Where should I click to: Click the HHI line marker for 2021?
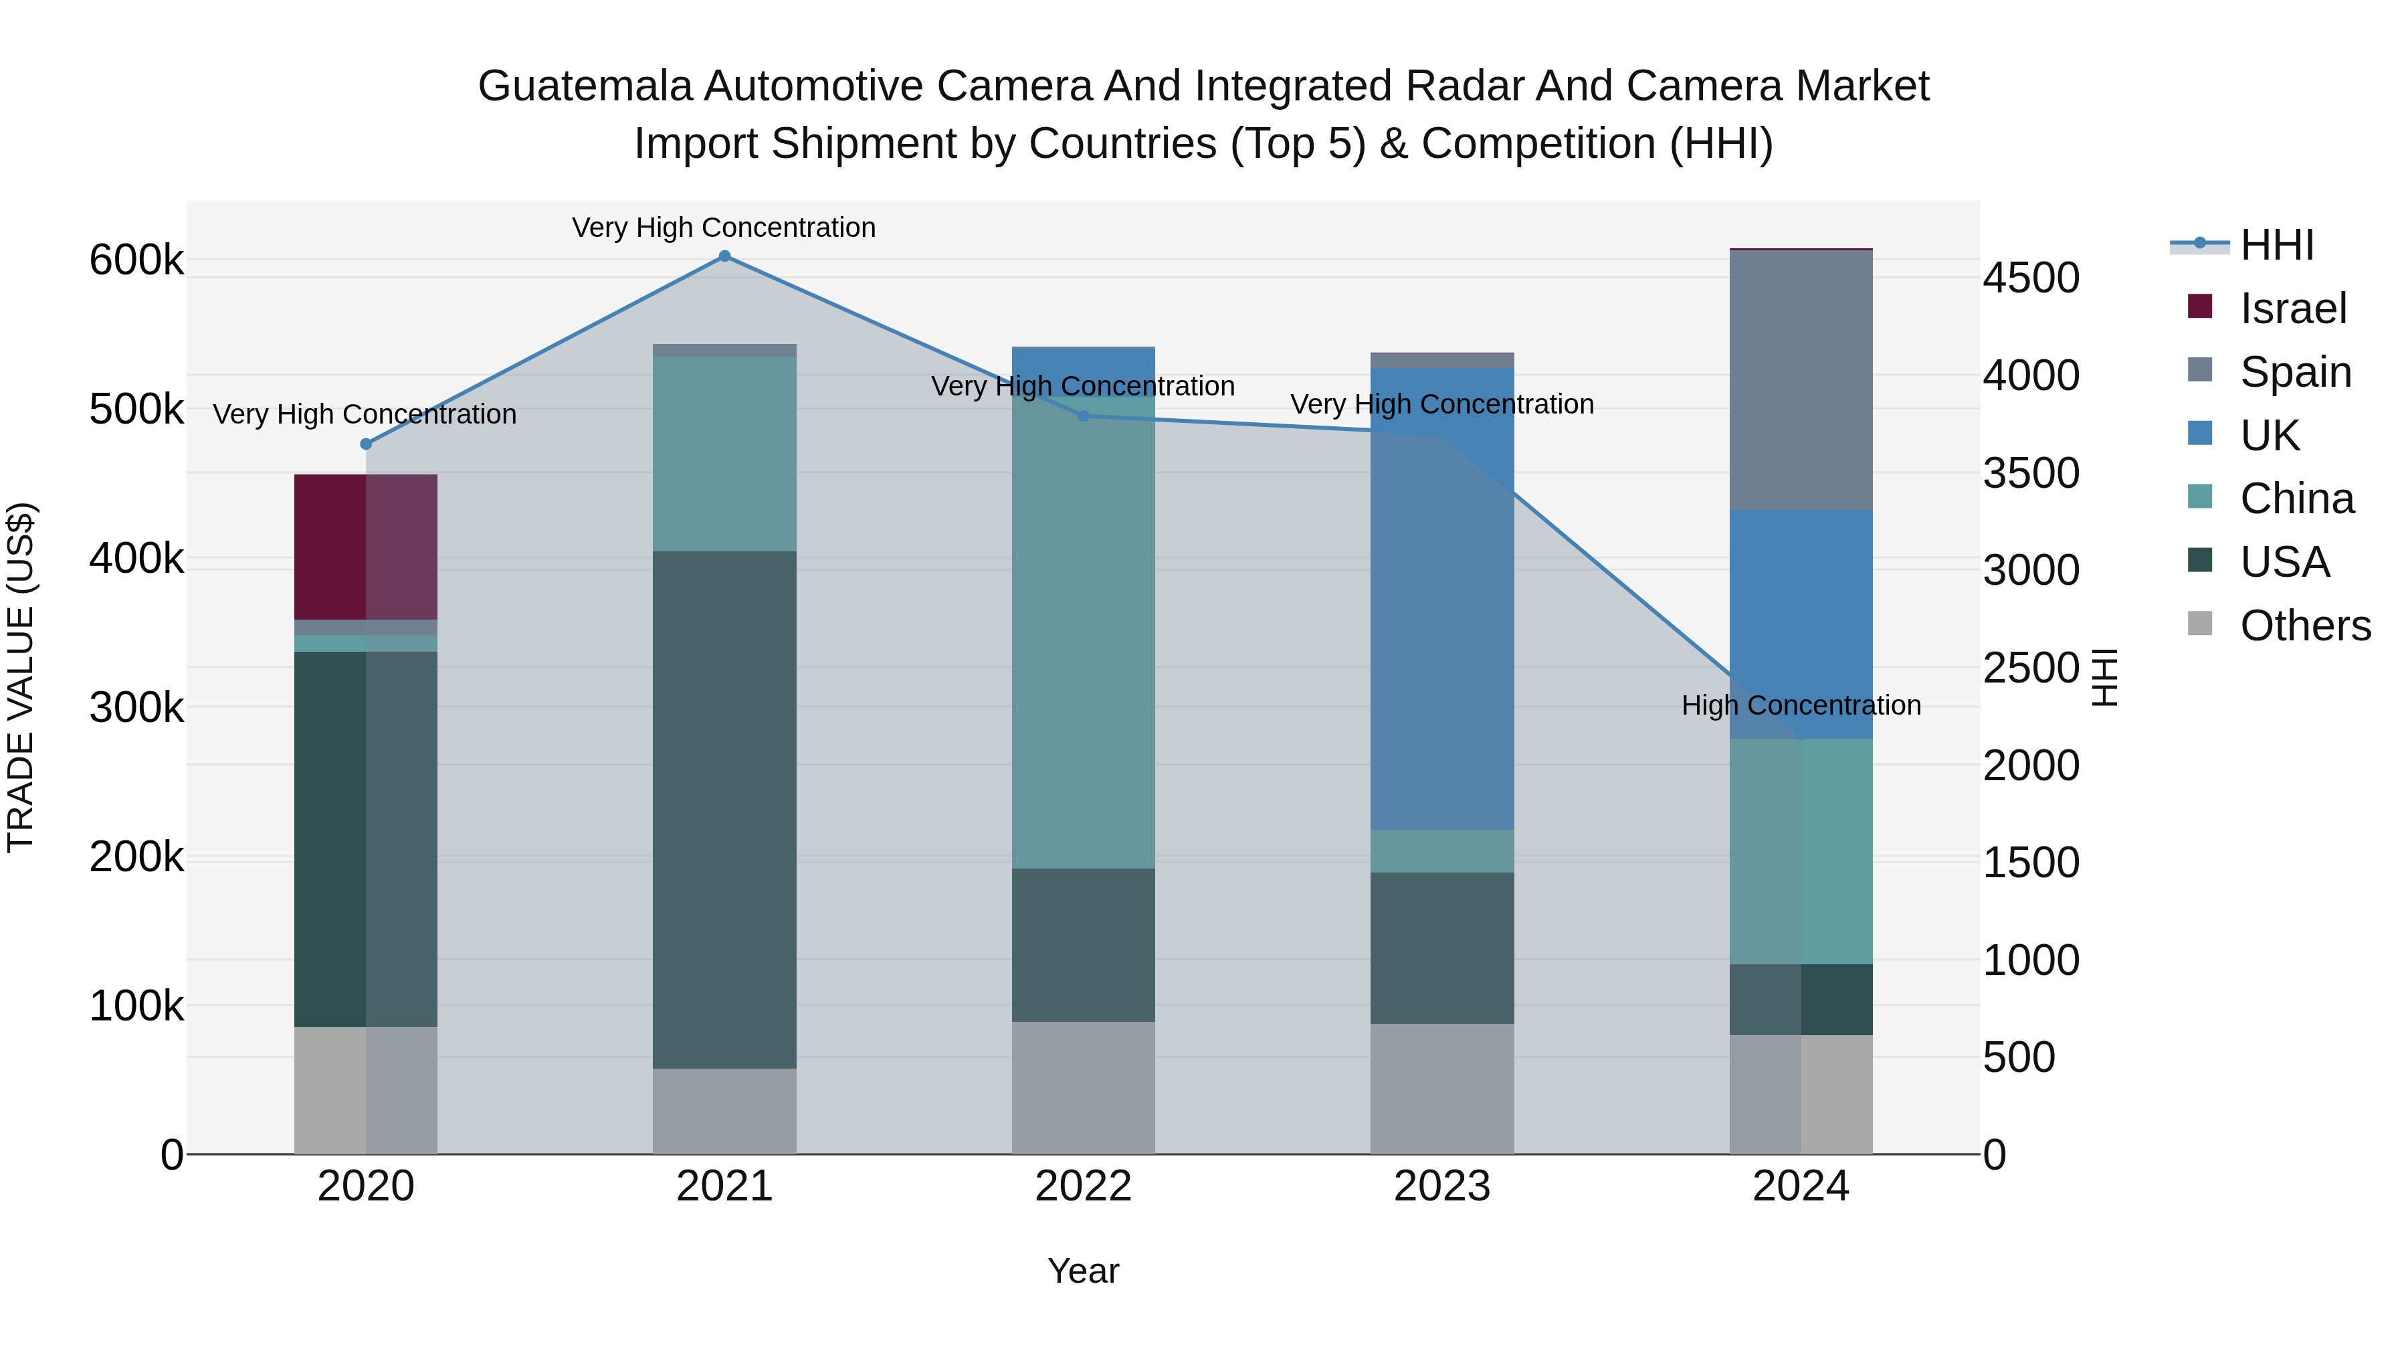pyautogui.click(x=724, y=256)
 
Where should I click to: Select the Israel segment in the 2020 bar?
pyautogui.click(x=365, y=547)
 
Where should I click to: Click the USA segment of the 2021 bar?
pyautogui.click(x=724, y=809)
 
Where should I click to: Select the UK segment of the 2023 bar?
pyautogui.click(x=1442, y=598)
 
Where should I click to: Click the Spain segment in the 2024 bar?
pyautogui.click(x=1801, y=381)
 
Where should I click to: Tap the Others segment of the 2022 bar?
pyautogui.click(x=1084, y=1087)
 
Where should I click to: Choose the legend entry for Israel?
pyautogui.click(x=2292, y=308)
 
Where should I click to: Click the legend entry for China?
pyautogui.click(x=2296, y=499)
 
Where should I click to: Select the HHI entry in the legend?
pyautogui.click(x=2276, y=245)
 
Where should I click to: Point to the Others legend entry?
pyautogui.click(x=2304, y=626)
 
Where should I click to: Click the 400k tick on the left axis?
pyautogui.click(x=136, y=559)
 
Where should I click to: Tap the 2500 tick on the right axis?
pyautogui.click(x=2030, y=668)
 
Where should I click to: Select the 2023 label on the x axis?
pyautogui.click(x=1442, y=1186)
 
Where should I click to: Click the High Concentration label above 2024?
pyautogui.click(x=1801, y=705)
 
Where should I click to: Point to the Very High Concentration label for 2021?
pyautogui.click(x=724, y=228)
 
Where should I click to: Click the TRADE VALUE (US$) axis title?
pyautogui.click(x=21, y=677)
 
